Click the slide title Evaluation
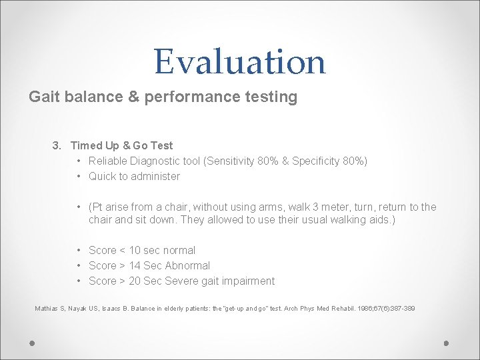240,61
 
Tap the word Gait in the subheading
43,97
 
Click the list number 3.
57,145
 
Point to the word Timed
86,145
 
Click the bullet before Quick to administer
79,176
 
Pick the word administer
156,176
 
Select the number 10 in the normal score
135,250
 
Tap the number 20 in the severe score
135,281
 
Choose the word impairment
248,281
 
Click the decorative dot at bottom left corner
32,343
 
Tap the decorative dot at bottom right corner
447,343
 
